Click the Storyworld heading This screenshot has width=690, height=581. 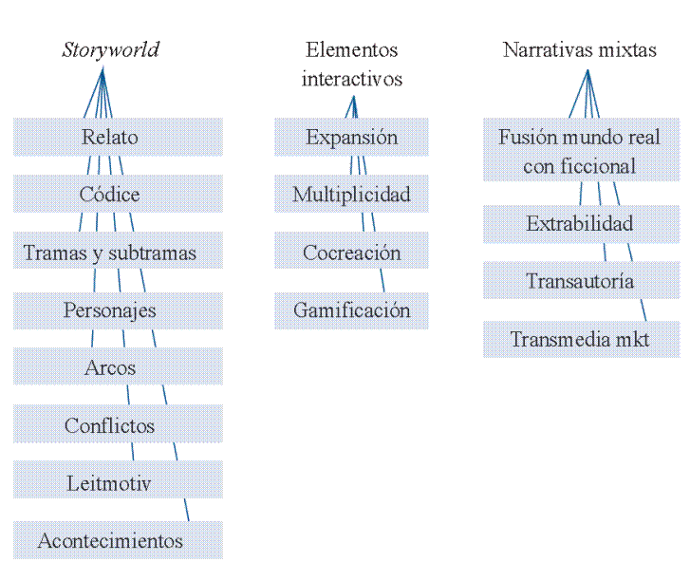click(x=110, y=50)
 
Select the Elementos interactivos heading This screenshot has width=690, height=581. click(x=351, y=64)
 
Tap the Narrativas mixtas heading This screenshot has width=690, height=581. click(x=579, y=50)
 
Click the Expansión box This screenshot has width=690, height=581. click(x=351, y=137)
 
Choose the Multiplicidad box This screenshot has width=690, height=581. click(x=351, y=195)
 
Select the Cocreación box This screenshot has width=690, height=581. click(x=351, y=253)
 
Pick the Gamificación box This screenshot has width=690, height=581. click(x=351, y=310)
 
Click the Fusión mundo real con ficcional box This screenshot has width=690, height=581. click(x=580, y=151)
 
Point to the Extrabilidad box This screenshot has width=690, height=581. click(x=580, y=224)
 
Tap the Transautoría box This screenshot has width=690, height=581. click(x=580, y=281)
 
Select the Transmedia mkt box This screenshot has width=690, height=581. click(x=580, y=339)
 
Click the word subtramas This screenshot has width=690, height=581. click(x=152, y=253)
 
